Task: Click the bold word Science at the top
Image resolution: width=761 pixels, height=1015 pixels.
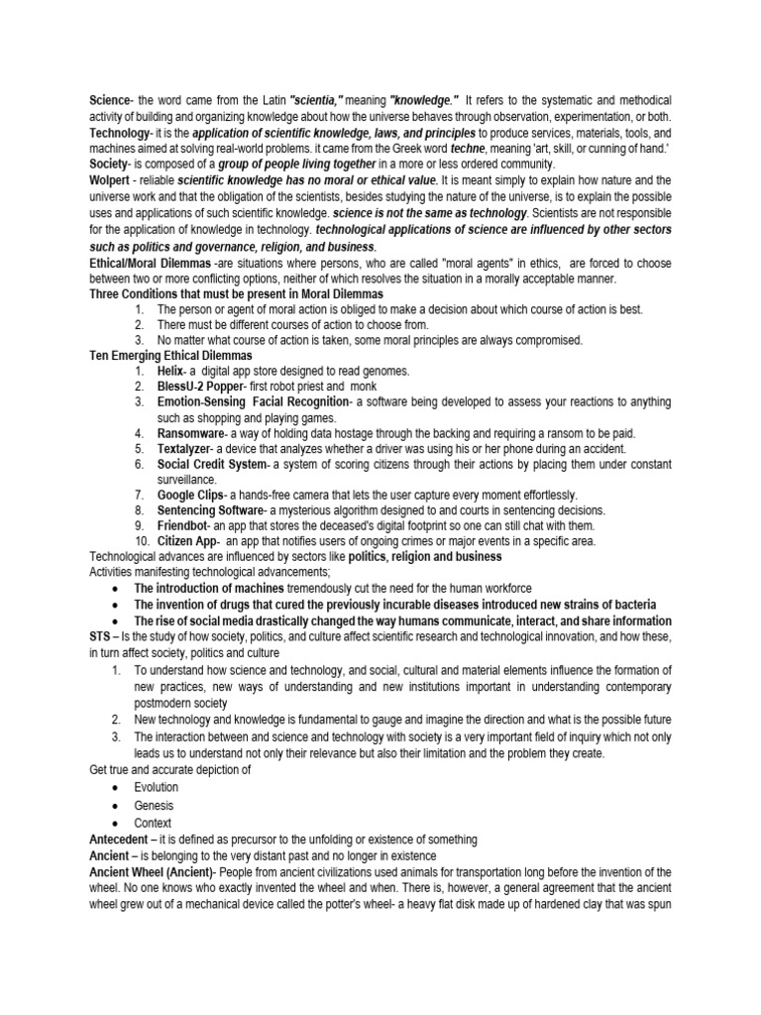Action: [x=109, y=102]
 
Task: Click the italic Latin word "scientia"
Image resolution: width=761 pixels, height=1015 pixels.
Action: [x=316, y=102]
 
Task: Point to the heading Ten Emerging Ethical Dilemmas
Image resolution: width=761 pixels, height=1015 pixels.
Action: [x=170, y=355]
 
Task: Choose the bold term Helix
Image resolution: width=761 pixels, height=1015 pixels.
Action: [x=171, y=371]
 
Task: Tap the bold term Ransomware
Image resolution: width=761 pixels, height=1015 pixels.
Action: [x=190, y=433]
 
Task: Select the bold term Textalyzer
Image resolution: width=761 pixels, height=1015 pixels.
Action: [x=186, y=448]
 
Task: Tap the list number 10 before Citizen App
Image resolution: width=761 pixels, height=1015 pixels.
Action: [x=141, y=541]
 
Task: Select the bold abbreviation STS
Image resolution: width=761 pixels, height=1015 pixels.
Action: [x=101, y=637]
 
